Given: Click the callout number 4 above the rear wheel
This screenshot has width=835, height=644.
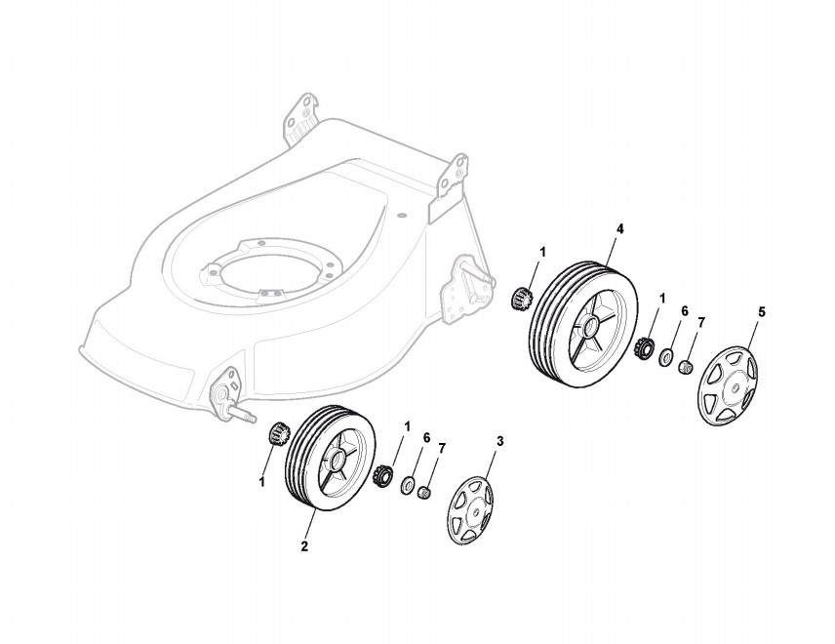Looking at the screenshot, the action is click(619, 227).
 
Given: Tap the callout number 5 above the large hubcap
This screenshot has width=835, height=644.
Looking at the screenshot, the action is click(762, 311).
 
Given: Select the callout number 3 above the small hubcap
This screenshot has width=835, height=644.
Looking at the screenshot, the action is click(499, 441).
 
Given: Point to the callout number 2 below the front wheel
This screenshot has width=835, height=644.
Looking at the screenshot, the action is click(304, 546).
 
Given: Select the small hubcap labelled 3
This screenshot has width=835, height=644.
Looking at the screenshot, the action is click(470, 510).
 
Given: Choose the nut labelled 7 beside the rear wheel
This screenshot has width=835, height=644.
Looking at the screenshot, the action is click(685, 366).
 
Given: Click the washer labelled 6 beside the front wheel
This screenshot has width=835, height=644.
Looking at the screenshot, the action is click(406, 484).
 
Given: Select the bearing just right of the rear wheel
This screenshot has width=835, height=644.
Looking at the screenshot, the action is click(643, 346).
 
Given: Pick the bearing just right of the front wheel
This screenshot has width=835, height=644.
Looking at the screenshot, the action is click(383, 475).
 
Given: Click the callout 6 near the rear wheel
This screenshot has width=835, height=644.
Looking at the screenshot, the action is click(685, 311).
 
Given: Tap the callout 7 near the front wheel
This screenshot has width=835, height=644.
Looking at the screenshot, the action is click(441, 448).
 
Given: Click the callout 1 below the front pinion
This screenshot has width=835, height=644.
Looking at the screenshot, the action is click(261, 481).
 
